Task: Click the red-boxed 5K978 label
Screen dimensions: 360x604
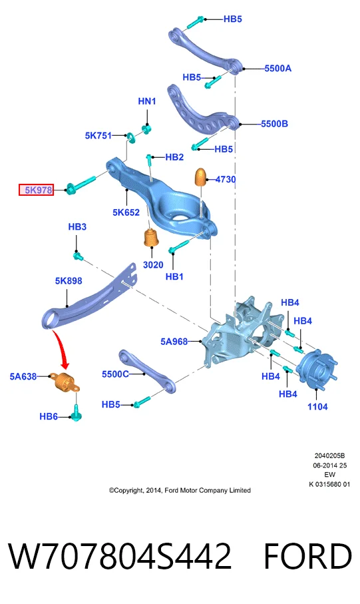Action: coord(36,190)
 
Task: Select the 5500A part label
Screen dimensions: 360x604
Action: coord(278,69)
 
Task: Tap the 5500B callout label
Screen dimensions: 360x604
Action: coord(275,124)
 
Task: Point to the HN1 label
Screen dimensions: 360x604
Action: coord(147,101)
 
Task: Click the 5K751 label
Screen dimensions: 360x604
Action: coord(98,136)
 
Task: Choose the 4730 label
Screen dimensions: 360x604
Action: coord(226,180)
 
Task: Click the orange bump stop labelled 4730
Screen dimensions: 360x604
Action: coord(202,177)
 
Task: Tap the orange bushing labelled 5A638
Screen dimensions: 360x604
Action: coord(67,382)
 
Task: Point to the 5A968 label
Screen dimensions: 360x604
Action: coord(174,342)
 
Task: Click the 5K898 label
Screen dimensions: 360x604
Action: coord(69,281)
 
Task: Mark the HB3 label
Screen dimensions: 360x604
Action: coord(77,227)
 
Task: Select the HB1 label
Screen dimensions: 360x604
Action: coord(174,276)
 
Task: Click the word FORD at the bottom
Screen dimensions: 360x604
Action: coord(307,556)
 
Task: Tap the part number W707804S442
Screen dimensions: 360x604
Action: coord(120,556)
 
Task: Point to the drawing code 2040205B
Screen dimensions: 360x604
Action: coord(329,455)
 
